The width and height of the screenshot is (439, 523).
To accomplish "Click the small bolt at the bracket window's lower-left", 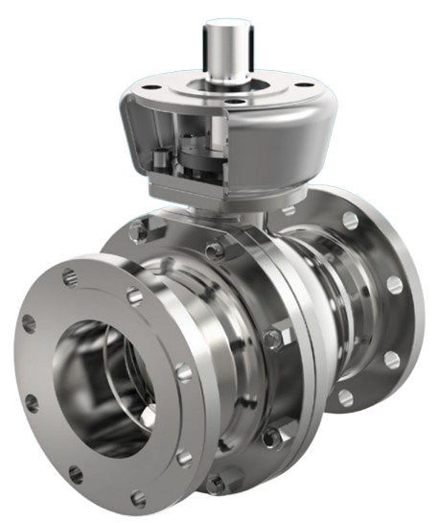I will point(161,163).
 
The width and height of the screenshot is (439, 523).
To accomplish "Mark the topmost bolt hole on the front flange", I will point(65,278).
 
